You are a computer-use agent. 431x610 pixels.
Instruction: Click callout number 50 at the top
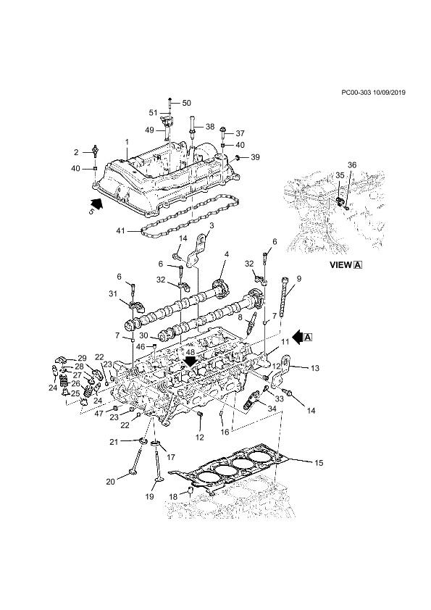point(187,103)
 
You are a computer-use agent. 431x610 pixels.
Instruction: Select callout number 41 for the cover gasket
point(120,230)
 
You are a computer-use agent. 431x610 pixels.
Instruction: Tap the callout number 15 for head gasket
point(319,463)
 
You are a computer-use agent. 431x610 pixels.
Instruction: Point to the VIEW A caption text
point(346,265)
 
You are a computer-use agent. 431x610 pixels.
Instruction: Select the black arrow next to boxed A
point(298,337)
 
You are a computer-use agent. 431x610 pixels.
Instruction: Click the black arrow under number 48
point(191,361)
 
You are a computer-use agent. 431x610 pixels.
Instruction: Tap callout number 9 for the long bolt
point(298,278)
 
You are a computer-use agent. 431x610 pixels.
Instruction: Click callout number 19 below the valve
point(150,496)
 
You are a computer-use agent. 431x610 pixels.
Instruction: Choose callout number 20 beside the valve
point(111,482)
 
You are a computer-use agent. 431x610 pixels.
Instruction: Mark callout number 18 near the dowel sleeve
point(174,497)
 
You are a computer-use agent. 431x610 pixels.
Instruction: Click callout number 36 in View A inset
point(352,165)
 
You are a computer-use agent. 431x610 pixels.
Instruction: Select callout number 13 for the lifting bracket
point(314,367)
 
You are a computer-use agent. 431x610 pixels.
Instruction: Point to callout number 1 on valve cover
point(127,143)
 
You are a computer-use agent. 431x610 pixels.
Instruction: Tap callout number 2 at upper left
point(76,152)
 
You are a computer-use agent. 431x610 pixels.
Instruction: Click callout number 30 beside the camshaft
point(144,335)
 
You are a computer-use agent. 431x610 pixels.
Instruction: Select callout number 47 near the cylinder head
point(99,413)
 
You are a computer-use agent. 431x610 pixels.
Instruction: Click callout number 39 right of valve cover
point(255,157)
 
